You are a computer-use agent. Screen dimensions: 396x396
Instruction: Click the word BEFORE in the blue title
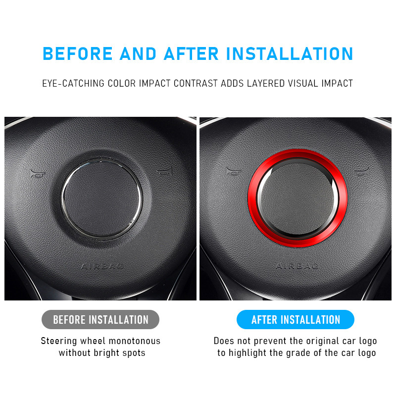pyautogui.click(x=78, y=53)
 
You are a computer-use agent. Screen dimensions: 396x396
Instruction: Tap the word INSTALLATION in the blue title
pyautogui.click(x=290, y=53)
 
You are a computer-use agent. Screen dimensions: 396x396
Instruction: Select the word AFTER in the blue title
pyautogui.click(x=191, y=53)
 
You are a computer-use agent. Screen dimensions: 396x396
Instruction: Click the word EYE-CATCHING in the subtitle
pyautogui.click(x=73, y=83)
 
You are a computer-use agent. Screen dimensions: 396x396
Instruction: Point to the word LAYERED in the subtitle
pyautogui.click(x=266, y=83)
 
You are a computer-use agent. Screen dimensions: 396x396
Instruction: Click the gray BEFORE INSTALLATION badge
pyautogui.click(x=100, y=319)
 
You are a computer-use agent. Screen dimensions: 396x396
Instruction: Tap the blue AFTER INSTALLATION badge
pyautogui.click(x=296, y=319)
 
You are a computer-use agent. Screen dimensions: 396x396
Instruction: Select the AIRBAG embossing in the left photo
pyautogui.click(x=102, y=266)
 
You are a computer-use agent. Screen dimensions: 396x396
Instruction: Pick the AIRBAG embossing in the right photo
pyautogui.click(x=297, y=266)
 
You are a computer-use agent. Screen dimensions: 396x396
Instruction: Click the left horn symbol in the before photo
pyautogui.click(x=38, y=174)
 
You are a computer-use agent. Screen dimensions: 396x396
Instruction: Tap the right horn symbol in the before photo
pyautogui.click(x=165, y=172)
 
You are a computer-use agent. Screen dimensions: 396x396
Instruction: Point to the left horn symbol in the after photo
pyautogui.click(x=233, y=172)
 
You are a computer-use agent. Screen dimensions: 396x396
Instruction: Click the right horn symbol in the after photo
pyautogui.click(x=362, y=172)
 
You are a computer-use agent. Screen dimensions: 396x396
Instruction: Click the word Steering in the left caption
pyautogui.click(x=59, y=341)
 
